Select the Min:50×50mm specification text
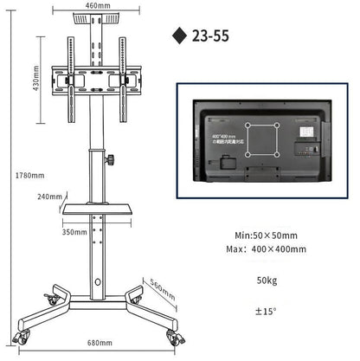pos(265,234)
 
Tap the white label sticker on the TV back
pos(304,132)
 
